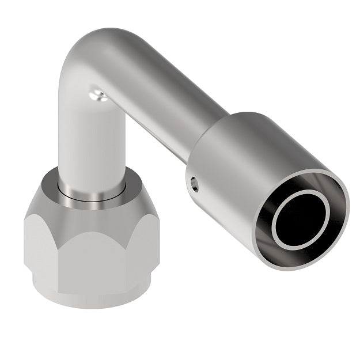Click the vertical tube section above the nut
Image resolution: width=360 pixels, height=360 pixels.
[x=92, y=144]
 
